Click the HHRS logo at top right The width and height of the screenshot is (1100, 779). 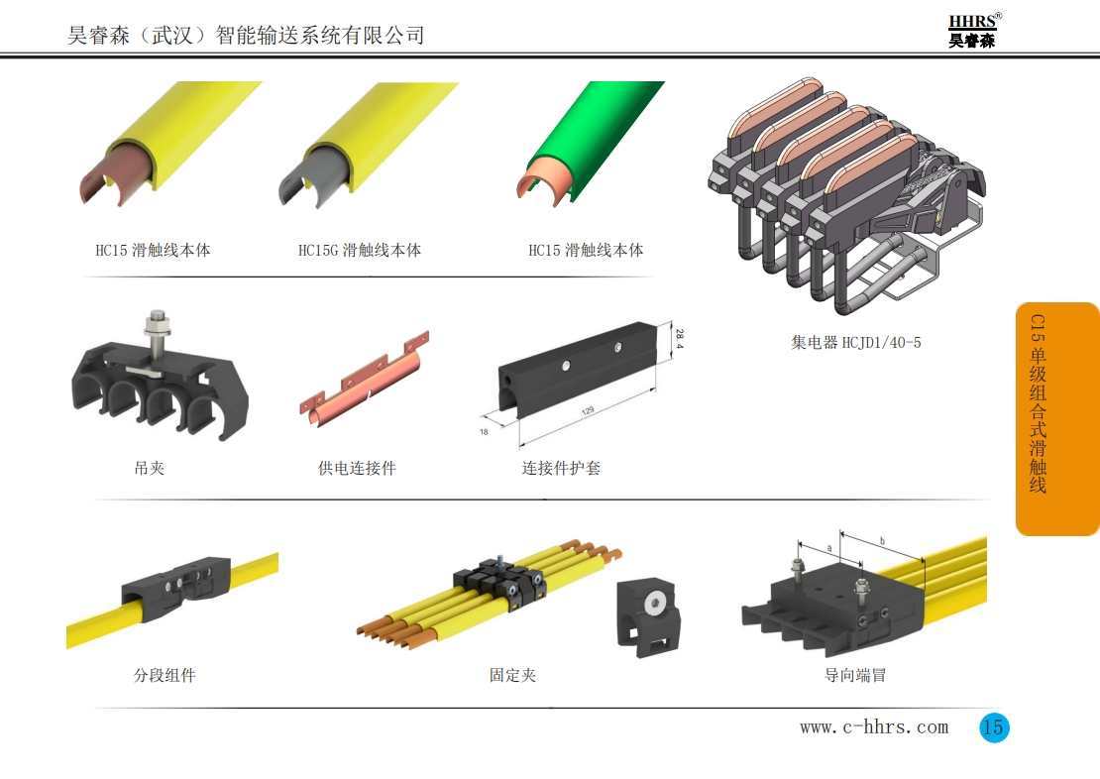[973, 31]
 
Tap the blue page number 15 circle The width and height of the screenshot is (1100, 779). [993, 727]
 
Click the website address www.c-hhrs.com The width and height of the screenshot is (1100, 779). [873, 727]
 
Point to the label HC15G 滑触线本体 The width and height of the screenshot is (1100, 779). [360, 250]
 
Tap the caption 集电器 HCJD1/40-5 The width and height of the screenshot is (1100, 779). [855, 343]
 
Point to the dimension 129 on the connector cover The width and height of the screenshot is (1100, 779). [588, 408]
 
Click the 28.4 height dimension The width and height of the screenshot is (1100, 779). [679, 339]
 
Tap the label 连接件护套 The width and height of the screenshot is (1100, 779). [561, 468]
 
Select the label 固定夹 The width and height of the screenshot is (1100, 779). [512, 676]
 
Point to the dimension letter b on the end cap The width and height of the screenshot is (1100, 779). [882, 541]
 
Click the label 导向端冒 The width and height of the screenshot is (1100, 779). [855, 676]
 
